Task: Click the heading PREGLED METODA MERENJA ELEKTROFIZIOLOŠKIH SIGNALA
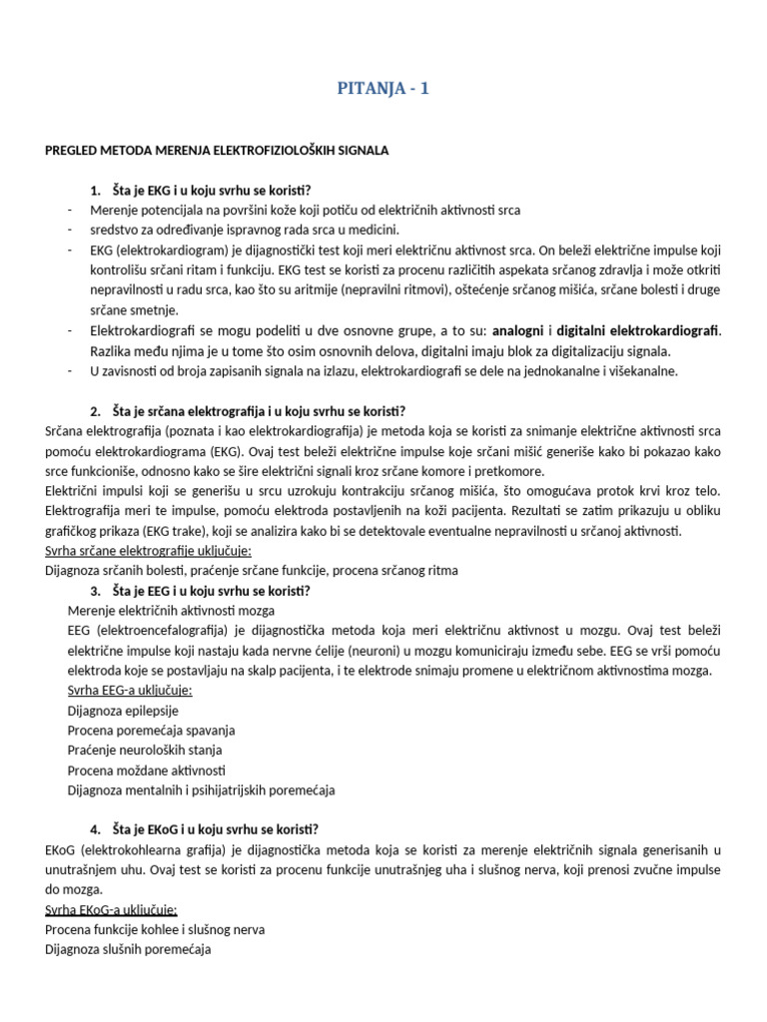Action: tap(217, 150)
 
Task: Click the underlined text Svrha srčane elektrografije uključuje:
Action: tap(148, 551)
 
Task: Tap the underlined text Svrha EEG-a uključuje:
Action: tap(130, 691)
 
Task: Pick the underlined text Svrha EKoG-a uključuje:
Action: tap(112, 909)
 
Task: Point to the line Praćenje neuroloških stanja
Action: tap(145, 751)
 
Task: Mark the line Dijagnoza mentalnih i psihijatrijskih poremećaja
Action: tap(201, 790)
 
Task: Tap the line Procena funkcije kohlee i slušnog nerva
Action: tap(155, 929)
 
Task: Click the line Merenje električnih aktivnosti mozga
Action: tap(171, 611)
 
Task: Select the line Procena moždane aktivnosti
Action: tap(146, 770)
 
